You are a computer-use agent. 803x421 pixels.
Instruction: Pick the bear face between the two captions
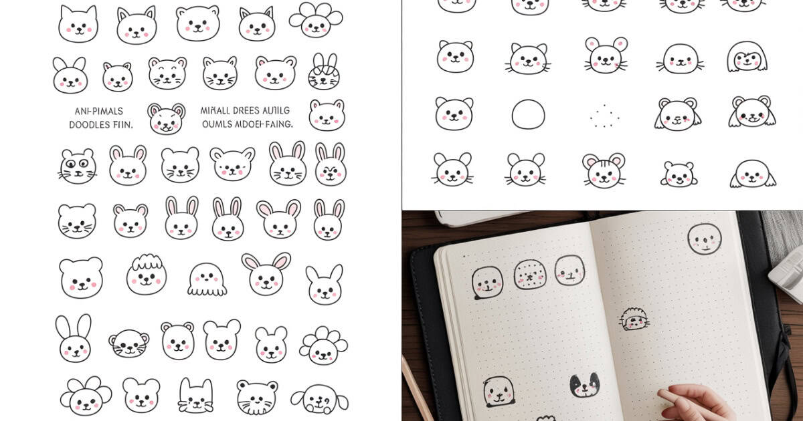click(166, 118)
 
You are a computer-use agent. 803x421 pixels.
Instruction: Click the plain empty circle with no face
click(529, 114)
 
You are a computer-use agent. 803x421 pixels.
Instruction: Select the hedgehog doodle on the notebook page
click(634, 319)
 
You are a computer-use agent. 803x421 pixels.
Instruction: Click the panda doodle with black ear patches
click(584, 386)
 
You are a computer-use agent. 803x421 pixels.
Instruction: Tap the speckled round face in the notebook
click(530, 274)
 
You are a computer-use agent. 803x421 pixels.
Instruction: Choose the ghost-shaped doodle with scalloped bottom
click(207, 279)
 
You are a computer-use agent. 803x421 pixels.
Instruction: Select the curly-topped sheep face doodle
click(147, 275)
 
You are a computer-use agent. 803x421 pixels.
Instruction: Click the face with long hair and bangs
click(746, 57)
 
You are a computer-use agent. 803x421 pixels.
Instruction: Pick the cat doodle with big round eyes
click(78, 166)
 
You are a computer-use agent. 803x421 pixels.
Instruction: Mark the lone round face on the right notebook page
click(704, 239)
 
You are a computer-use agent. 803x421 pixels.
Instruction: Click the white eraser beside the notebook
click(787, 274)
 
